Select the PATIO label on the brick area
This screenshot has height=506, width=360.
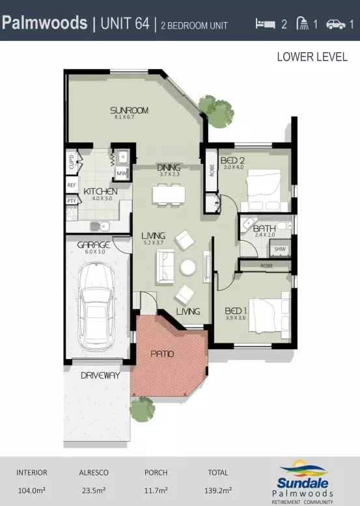pyautogui.click(x=162, y=354)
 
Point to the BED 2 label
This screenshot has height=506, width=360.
pyautogui.click(x=232, y=160)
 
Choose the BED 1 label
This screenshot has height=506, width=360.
pyautogui.click(x=235, y=310)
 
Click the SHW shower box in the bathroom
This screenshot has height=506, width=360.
pyautogui.click(x=280, y=249)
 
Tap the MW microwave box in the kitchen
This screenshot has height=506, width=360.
pyautogui.click(x=121, y=173)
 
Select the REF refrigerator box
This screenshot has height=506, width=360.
pyautogui.click(x=71, y=185)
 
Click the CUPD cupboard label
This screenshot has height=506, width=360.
pyautogui.click(x=71, y=161)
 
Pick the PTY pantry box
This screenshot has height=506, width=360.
pyautogui.click(x=71, y=201)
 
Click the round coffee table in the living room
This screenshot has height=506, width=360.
pyautogui.click(x=188, y=267)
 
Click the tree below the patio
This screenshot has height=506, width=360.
pyautogui.click(x=141, y=410)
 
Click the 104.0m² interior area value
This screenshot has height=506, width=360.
pyautogui.click(x=32, y=492)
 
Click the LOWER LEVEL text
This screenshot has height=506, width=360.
pyautogui.click(x=312, y=57)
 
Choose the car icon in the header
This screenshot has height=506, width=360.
pyautogui.click(x=336, y=24)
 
